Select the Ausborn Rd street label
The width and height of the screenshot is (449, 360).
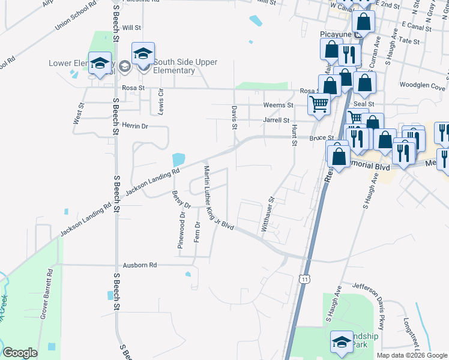click(139, 265)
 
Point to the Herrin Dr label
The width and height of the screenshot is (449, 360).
click(135, 126)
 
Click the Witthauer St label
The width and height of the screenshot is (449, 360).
click(268, 215)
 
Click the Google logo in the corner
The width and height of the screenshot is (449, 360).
click(20, 353)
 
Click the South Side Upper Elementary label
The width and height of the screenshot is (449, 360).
click(185, 66)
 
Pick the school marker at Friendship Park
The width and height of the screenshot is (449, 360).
click(342, 342)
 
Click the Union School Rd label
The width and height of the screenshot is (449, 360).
click(76, 15)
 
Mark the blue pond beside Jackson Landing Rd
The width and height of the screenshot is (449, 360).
click(178, 160)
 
